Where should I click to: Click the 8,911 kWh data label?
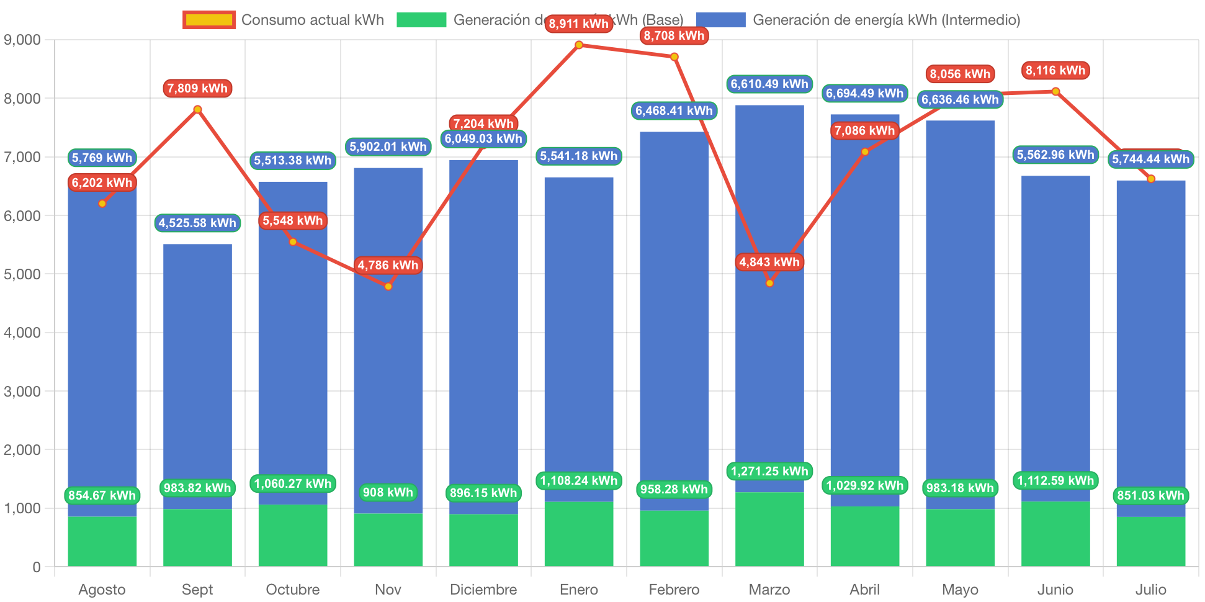coord(578,24)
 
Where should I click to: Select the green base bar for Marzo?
coord(769,529)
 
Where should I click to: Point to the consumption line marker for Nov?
coord(388,287)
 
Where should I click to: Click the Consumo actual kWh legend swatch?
coord(209,20)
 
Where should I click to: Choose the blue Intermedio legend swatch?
coord(720,20)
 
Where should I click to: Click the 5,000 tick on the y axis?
coord(22,274)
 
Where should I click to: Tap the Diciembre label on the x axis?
coord(483,589)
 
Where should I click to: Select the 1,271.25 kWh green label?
coord(769,471)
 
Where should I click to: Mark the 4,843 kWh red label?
coord(769,262)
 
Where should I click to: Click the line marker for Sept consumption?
coord(197,109)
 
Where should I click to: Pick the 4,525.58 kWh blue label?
coord(197,223)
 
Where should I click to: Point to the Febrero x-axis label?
coord(674,589)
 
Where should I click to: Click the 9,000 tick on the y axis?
coord(22,40)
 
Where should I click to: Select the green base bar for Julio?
coord(1150,541)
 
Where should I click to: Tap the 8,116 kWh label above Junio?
coord(1055,70)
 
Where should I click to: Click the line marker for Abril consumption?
coord(865,152)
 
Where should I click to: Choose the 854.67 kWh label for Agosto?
coord(102,495)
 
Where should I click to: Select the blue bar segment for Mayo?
coord(960,310)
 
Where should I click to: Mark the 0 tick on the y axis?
coord(36,567)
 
